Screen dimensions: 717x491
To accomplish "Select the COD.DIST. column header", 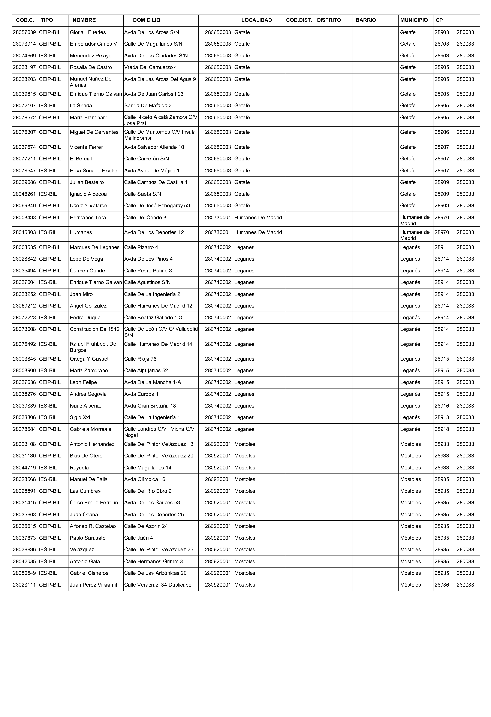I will pos(299,20).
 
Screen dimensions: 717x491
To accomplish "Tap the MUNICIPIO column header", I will pos(414,20).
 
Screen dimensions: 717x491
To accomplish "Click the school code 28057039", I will pos(24,32).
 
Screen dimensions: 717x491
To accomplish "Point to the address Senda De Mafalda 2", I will pos(148,106).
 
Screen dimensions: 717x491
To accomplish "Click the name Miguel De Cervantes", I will pos(94,132).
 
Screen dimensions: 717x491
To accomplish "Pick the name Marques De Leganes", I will pos(94,247).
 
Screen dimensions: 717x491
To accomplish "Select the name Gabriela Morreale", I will pos(90,429).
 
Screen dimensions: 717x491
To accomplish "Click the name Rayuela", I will pos(79,468).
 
